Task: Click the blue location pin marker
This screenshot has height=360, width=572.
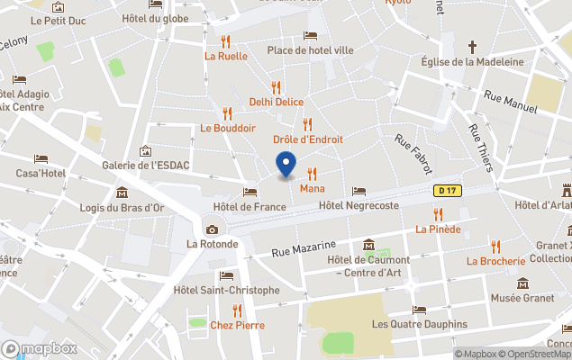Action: (x=286, y=166)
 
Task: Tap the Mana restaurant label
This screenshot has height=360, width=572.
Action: (x=312, y=188)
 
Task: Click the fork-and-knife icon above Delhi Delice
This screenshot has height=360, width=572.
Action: (x=276, y=87)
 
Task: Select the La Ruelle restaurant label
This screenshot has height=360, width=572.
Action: (x=225, y=55)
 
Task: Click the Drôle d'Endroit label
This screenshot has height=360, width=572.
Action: (x=307, y=139)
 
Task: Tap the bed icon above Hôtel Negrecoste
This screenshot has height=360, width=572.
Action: (x=359, y=191)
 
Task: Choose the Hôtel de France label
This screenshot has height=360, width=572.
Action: (x=250, y=207)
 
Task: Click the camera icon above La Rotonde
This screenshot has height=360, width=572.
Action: (x=212, y=229)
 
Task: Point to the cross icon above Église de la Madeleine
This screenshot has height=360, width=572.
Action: (x=472, y=46)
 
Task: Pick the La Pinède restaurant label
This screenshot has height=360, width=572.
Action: (x=438, y=229)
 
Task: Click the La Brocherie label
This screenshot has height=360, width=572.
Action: (x=495, y=261)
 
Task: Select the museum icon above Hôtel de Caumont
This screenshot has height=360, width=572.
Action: (x=368, y=246)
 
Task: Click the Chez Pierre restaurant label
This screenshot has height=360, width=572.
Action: (x=237, y=325)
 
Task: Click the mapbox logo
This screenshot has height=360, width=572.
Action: (x=40, y=348)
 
